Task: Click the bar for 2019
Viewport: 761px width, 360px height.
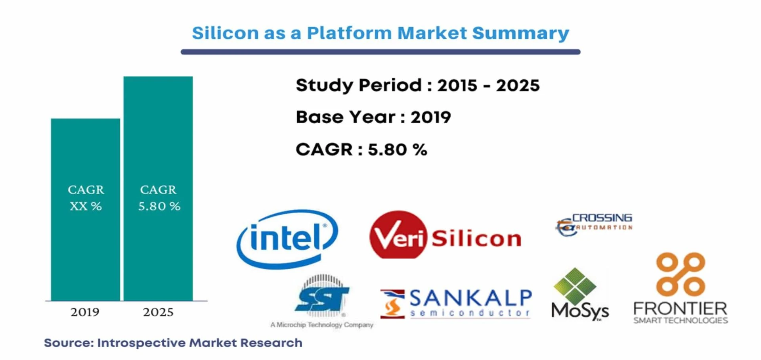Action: coord(85,209)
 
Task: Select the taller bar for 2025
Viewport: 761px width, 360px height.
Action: coord(158,188)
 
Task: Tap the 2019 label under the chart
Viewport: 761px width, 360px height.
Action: coord(85,312)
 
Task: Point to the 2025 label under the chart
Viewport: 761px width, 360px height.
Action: coord(158,312)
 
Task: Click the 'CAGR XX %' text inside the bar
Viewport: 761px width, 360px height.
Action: coord(86,198)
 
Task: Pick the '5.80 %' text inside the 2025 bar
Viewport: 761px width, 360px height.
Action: coord(159,206)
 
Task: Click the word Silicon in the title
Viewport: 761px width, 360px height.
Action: coord(225,33)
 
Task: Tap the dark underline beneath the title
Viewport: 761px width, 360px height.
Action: coord(380,52)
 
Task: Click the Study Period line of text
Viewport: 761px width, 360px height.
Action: coord(418,86)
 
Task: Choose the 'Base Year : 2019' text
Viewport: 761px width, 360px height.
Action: coord(373,117)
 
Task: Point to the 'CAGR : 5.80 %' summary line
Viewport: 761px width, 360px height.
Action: coord(361,150)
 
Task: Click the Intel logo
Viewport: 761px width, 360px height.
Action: coord(287,239)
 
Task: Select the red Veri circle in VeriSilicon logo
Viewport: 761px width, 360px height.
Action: coord(398,235)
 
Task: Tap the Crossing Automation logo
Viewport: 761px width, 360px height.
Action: coord(594,224)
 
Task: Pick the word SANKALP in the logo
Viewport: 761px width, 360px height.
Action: coord(470,298)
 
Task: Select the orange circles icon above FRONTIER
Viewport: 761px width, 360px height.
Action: coord(681,274)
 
